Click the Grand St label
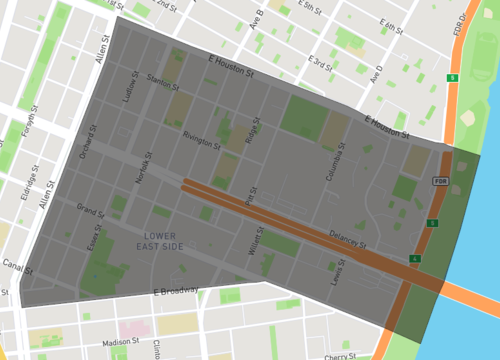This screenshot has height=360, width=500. (90, 212)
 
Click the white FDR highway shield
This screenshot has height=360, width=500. (440, 181)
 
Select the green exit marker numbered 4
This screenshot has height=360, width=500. (414, 259)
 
